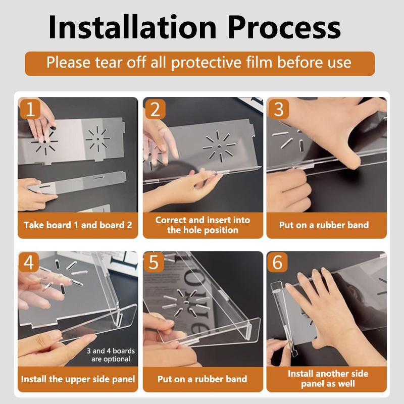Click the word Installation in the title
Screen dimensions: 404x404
click(x=132, y=27)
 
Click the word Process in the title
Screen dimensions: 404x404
click(x=284, y=27)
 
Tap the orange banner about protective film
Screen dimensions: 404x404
click(x=199, y=64)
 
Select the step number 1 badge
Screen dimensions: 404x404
click(x=30, y=109)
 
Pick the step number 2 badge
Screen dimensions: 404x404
click(x=155, y=109)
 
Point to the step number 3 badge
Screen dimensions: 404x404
click(x=279, y=109)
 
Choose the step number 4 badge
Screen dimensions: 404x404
click(x=29, y=262)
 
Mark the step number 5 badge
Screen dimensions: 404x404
click(x=154, y=262)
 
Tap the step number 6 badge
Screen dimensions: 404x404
click(x=277, y=262)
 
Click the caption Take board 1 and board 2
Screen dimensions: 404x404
click(x=78, y=225)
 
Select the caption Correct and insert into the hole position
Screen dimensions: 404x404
click(x=203, y=225)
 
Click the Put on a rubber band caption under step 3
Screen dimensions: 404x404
click(x=324, y=225)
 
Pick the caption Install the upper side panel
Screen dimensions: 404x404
click(x=78, y=379)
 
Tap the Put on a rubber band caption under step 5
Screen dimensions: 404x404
click(x=203, y=379)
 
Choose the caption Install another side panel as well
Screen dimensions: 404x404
click(x=328, y=378)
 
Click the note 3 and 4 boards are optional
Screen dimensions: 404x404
click(x=111, y=355)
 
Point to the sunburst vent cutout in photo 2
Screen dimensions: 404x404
click(x=219, y=146)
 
